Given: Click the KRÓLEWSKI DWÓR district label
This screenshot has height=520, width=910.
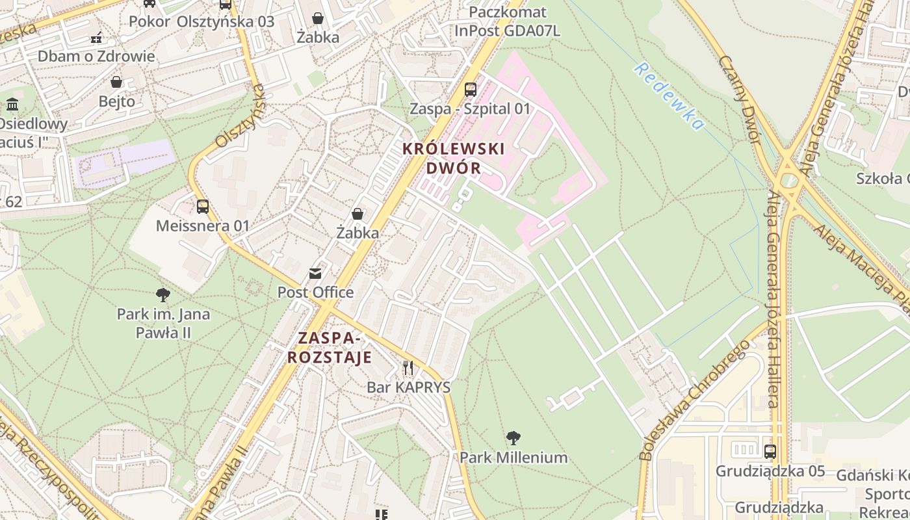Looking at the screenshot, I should click(453, 158).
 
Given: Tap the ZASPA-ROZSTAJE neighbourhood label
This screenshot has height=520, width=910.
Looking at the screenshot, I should click(330, 348).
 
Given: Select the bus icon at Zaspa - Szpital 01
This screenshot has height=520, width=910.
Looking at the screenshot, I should click(470, 90).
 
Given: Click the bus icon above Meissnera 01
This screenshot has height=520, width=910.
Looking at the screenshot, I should click(203, 207).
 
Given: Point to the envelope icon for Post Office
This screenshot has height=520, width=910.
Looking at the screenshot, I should click(315, 274).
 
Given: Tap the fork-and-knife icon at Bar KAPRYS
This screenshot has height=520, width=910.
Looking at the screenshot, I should click(408, 368).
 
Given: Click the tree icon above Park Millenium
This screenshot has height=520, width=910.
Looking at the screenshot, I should click(513, 437).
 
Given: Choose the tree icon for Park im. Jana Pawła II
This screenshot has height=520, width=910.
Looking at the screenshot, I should click(163, 295).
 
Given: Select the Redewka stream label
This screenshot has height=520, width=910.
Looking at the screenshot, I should click(669, 96).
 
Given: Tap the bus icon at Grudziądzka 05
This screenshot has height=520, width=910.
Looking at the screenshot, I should click(770, 451).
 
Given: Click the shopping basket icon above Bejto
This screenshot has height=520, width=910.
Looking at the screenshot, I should click(116, 82).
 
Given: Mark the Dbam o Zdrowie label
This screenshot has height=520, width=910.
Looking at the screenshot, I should click(96, 56).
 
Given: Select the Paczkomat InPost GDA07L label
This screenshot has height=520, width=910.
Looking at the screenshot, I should click(508, 21).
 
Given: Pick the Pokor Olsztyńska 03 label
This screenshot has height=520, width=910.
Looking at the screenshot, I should click(201, 21).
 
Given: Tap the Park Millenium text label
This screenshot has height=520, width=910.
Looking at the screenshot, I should click(513, 458).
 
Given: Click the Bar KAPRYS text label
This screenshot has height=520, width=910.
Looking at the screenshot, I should click(408, 387).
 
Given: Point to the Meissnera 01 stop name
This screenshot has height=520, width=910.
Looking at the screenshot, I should click(203, 226).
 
